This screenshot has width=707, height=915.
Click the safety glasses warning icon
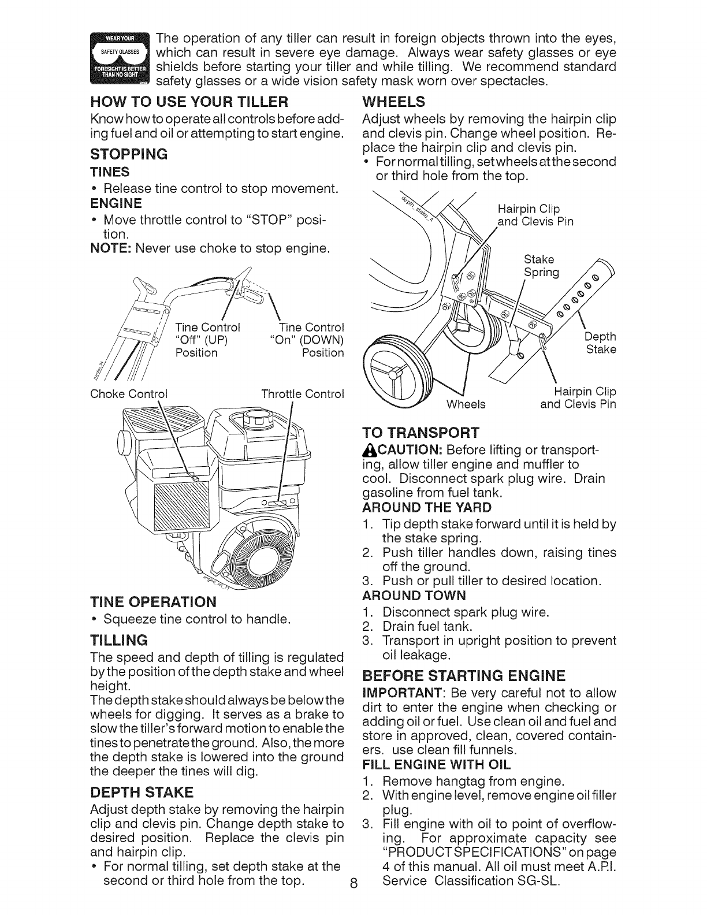pos(120,59)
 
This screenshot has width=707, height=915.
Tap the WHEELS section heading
pos(393,102)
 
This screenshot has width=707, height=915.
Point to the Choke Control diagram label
pos(129,395)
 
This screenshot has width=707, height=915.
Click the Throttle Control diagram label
pos(303,395)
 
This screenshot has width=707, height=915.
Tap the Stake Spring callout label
pos(541,265)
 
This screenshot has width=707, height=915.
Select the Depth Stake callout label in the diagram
pos(601,343)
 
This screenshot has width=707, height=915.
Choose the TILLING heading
pos(119,639)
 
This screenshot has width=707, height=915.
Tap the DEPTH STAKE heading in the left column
pos(142,791)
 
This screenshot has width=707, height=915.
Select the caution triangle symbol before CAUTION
pos(367,449)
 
